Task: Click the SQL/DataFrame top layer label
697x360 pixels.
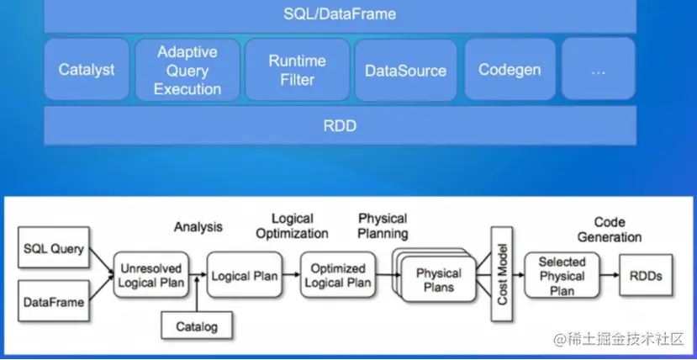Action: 340,14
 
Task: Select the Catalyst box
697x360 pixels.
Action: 87,70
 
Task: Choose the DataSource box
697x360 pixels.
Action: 405,70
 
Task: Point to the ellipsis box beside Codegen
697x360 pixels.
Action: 599,70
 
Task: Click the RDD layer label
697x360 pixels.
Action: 340,126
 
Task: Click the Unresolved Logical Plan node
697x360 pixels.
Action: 150,275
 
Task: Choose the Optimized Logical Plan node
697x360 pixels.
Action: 337,275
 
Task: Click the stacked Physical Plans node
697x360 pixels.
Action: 438,279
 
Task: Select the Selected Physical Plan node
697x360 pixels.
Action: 562,276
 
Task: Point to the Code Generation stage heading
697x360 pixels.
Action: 610,230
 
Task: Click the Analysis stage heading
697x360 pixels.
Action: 198,226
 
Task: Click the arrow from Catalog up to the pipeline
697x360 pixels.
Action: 196,294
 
